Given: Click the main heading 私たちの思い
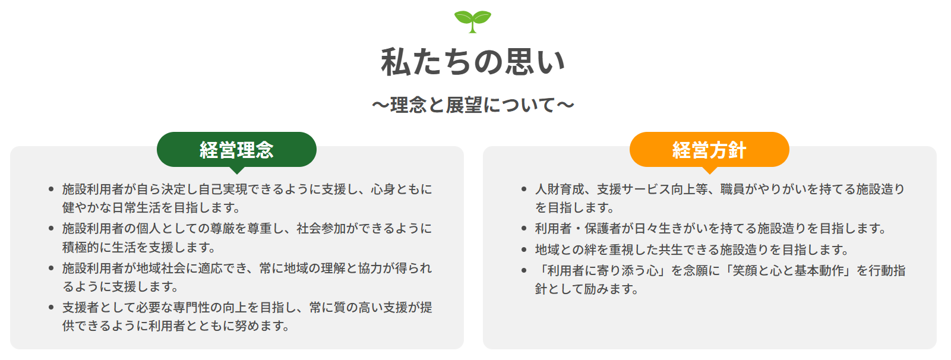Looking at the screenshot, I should (473, 62).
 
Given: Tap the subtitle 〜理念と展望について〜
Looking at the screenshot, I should (473, 105).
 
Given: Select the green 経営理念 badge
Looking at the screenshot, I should (236, 150).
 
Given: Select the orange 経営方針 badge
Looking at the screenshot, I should (709, 150).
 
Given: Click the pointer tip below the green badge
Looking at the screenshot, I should (236, 171).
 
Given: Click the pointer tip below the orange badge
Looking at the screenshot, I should (709, 171).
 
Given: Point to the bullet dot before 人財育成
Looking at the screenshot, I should (523, 190).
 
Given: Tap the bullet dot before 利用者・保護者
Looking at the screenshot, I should (523, 229).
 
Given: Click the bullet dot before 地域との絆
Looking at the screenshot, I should (523, 250).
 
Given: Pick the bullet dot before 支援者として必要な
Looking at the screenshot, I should (51, 308).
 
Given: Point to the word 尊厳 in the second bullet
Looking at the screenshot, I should (217, 229).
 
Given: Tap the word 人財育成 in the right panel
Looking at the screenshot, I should (560, 190).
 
